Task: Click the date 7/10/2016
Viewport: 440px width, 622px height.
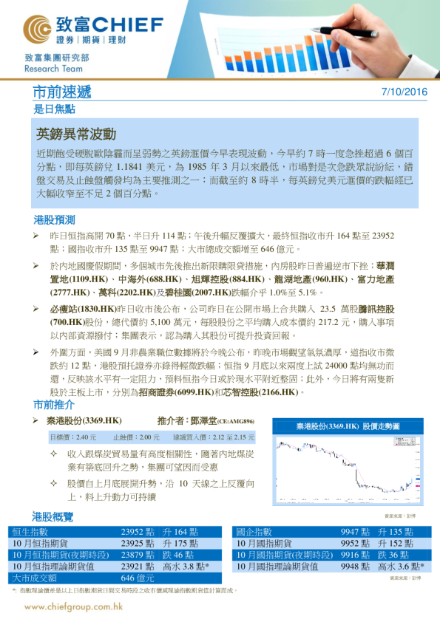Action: [x=404, y=92]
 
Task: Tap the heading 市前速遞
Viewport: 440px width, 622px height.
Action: [x=62, y=92]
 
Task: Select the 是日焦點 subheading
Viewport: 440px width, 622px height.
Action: [x=54, y=109]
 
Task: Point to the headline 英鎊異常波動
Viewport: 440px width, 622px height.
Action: [x=76, y=134]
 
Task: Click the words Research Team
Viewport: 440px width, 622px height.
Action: [x=53, y=69]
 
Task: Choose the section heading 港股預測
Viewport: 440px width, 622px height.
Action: [x=54, y=220]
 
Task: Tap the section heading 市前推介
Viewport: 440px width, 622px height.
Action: [x=54, y=405]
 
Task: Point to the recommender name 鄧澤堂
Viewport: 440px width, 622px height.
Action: [x=202, y=421]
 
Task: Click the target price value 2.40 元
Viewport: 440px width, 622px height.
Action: [x=87, y=437]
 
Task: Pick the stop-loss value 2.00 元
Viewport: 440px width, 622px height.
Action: [x=148, y=437]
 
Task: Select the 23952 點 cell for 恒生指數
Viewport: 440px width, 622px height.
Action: [x=137, y=532]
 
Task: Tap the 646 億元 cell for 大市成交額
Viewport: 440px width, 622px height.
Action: [x=138, y=578]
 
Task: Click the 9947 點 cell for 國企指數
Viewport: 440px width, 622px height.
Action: [x=355, y=532]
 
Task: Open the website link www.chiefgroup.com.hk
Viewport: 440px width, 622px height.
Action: [x=73, y=607]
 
